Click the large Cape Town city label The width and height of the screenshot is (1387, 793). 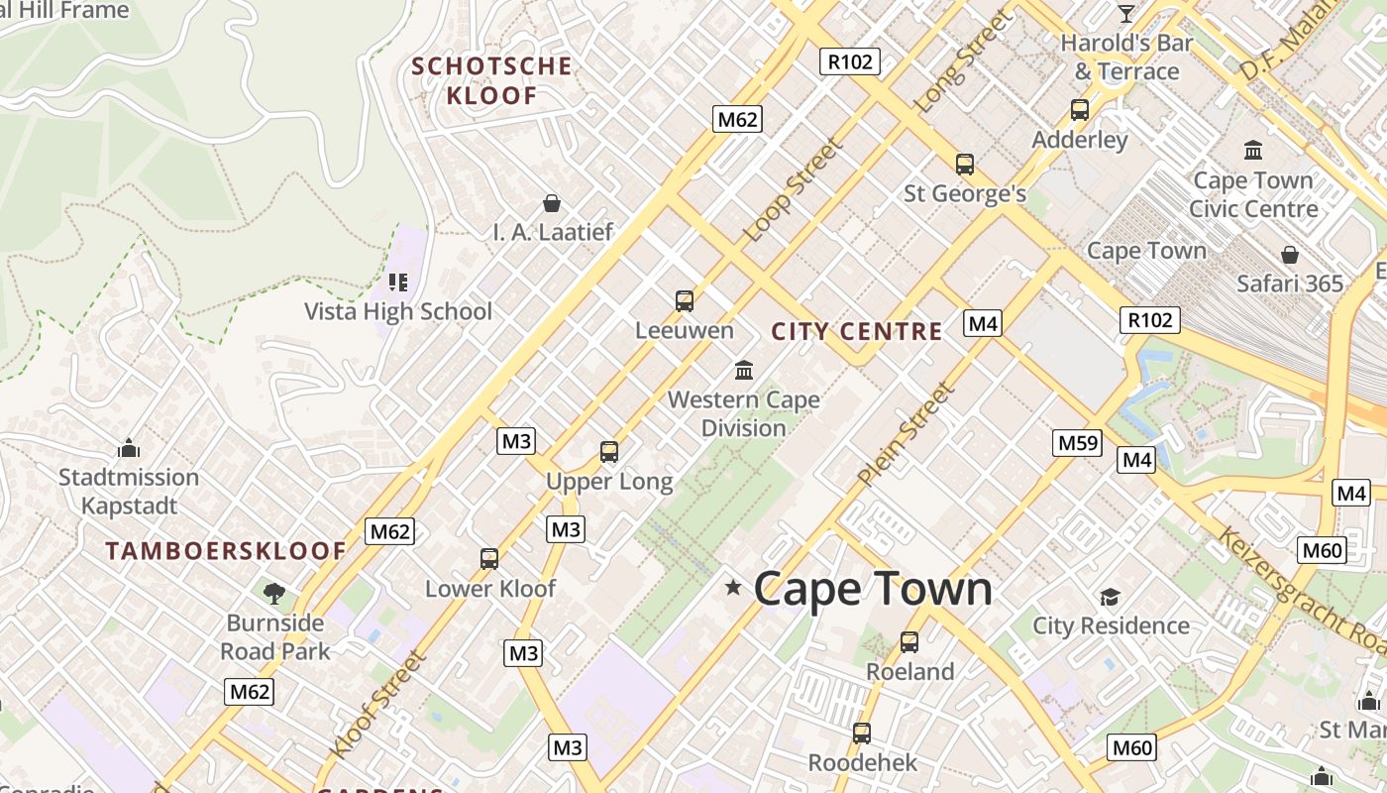point(873,589)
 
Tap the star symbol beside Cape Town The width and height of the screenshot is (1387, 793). point(733,588)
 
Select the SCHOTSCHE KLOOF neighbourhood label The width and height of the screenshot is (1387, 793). point(492,81)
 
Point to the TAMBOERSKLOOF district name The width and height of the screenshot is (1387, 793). point(226,552)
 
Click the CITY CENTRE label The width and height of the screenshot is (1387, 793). point(857,332)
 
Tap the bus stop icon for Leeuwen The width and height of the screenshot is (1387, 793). point(684,301)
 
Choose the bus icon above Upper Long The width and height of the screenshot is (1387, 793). point(609,452)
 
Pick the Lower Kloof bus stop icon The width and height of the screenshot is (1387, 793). point(489,559)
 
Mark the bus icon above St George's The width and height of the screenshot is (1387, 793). point(965,165)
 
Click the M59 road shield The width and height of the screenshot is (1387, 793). point(1077,443)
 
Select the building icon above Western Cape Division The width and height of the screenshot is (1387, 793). point(744,371)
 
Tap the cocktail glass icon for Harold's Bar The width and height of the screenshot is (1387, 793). point(1126,14)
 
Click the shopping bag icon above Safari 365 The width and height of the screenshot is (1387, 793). point(1289,255)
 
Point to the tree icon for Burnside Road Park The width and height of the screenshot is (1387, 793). point(274,594)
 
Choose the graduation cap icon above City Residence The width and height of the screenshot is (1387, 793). point(1110,597)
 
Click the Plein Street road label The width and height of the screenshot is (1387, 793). point(907,434)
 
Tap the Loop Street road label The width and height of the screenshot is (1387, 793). point(793,190)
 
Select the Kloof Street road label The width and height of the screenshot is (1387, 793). point(379,705)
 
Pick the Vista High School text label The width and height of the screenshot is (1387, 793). point(397,311)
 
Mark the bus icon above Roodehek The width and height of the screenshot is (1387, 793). point(862,734)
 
